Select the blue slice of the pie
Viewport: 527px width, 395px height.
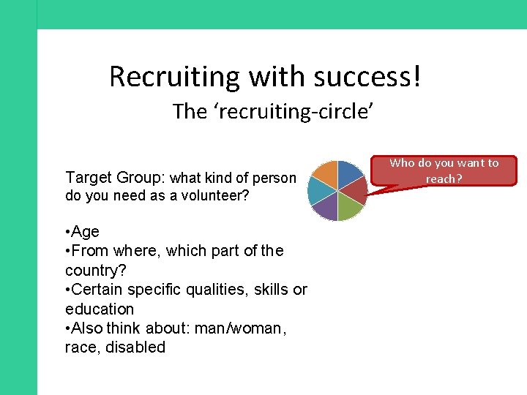coord(349,173)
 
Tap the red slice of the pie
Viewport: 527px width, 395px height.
coord(356,192)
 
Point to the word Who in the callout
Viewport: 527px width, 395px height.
coord(402,163)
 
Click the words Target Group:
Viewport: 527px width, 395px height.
coord(115,177)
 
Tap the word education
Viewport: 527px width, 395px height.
coord(100,309)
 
